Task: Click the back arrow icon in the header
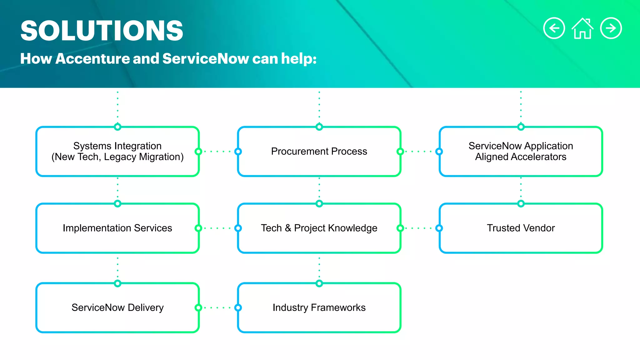tap(554, 28)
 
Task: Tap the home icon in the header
tap(582, 28)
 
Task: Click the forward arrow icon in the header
tap(611, 28)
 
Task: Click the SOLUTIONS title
tap(102, 31)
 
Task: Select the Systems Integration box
tap(117, 151)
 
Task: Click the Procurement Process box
tap(319, 151)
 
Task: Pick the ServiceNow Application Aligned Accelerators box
tap(521, 151)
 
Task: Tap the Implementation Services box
tap(117, 228)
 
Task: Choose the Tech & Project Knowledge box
tap(319, 228)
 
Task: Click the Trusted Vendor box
tap(521, 228)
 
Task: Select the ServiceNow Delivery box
tap(117, 307)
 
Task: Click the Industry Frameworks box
tap(319, 307)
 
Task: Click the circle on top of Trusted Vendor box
tap(521, 204)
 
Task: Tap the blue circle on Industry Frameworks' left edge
tap(238, 307)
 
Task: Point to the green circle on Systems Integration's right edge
tap(198, 152)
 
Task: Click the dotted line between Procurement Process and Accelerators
tap(420, 152)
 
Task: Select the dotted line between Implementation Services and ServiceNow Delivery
tap(117, 268)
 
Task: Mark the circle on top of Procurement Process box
tap(319, 127)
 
